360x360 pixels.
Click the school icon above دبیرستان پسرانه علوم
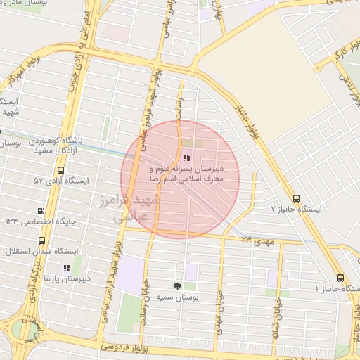coord(186,157)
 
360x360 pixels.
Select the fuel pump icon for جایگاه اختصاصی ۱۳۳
coord(41,211)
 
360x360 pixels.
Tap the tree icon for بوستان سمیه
coord(177,285)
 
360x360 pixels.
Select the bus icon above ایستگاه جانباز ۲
coord(341,278)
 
